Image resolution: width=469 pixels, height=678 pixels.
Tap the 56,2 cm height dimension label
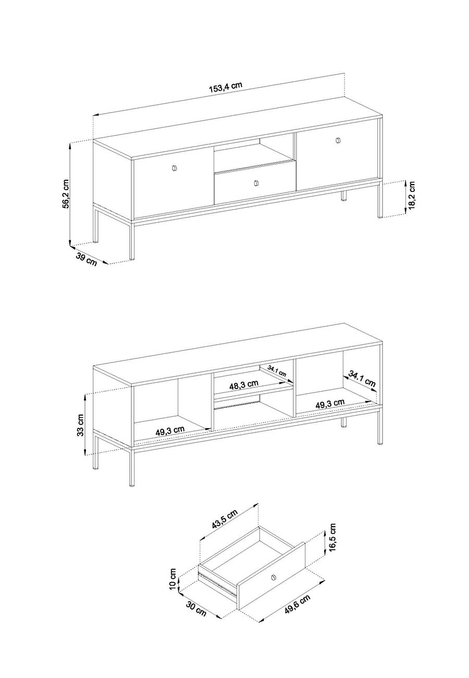pos(66,193)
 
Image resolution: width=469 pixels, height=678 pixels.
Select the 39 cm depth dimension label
pos(86,259)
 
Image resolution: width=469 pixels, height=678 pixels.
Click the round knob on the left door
pos(175,168)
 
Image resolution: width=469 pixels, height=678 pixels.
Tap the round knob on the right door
pos(338,140)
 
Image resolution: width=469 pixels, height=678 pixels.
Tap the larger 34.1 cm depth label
pos(362,378)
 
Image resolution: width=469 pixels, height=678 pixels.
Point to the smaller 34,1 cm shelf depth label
pos(276,370)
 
